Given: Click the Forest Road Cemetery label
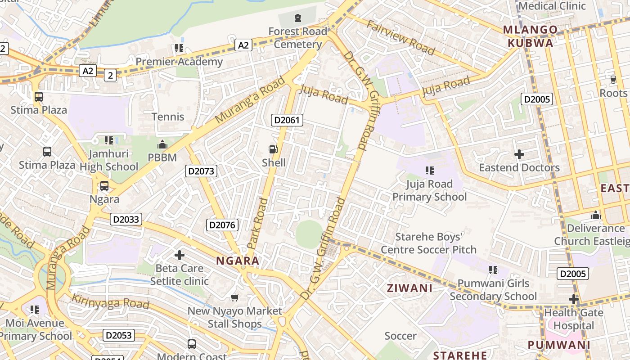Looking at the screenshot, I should pos(297,38).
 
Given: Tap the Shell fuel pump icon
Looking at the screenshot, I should pos(273,149).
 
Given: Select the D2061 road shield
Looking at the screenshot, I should pos(287,120).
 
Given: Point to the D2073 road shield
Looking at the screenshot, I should pos(201,171).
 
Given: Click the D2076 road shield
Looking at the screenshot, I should pos(222,225).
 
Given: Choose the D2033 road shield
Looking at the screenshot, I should pos(126,219).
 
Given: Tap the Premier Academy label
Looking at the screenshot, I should pos(179,62).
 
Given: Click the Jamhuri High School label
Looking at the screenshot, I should pos(109,160).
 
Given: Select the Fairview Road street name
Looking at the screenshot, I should pos(400,38).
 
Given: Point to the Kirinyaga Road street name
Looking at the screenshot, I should pos(110,301).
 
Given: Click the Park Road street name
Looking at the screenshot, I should pos(257,224).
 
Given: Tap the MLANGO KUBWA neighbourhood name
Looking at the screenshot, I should pos(530,36).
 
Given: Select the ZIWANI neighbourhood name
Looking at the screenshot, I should pos(409,288).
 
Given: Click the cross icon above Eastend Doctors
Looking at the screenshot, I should pos(519,154).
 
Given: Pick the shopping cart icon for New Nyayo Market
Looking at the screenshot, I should pos(234,297).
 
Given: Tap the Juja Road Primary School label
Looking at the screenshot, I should pos(429,190).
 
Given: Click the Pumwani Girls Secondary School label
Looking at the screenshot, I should pos(493,290).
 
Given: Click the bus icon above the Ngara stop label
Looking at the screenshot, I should pos(104,185).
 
